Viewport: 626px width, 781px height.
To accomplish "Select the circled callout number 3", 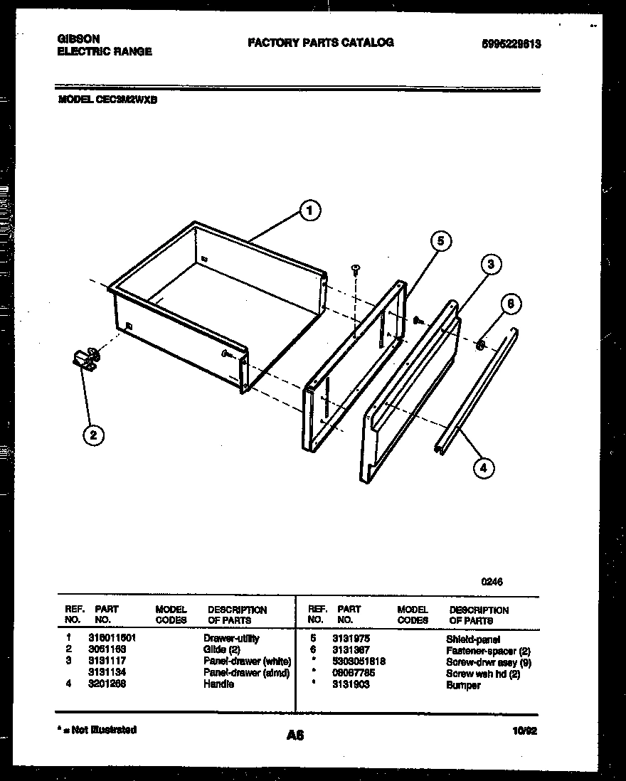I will tap(489, 265).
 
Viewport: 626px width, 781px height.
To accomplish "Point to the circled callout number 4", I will tap(483, 467).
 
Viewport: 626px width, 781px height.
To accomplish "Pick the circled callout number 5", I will tap(440, 242).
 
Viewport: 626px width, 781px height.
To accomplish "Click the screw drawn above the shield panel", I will tap(356, 270).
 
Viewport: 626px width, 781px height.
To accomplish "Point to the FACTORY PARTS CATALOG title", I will tap(320, 43).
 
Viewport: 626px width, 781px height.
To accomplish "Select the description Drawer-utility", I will tap(231, 639).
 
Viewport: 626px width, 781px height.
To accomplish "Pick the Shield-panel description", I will tap(473, 639).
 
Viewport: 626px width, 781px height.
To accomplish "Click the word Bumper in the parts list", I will tap(463, 685).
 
